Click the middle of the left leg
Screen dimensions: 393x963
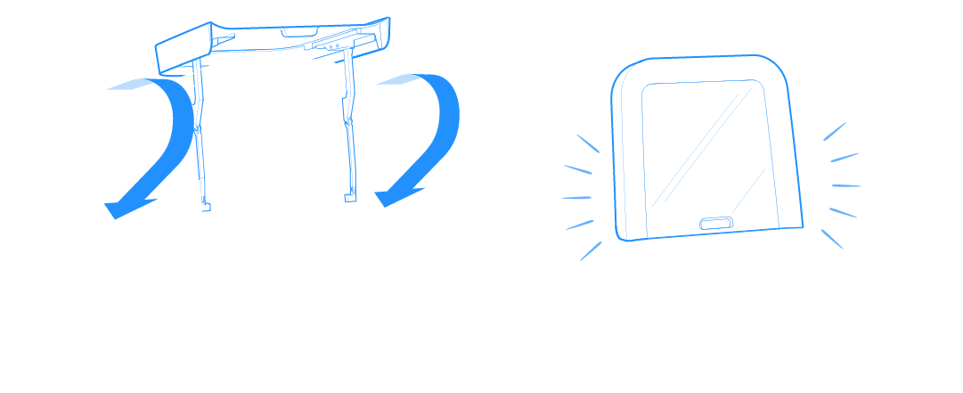[201, 134]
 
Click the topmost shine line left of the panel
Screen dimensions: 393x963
[587, 143]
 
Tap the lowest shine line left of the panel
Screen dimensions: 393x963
[590, 250]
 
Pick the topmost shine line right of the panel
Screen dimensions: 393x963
[834, 132]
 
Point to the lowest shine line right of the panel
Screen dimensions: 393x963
[831, 238]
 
